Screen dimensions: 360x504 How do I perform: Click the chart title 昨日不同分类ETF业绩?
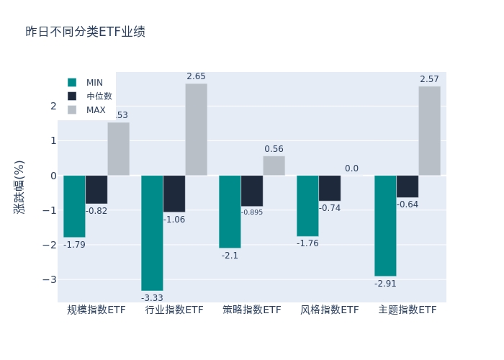tap(85, 32)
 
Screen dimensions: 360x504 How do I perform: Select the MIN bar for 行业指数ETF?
tap(152, 233)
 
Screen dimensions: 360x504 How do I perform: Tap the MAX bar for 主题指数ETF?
tap(429, 131)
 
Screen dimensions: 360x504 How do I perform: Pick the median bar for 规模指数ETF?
tap(96, 189)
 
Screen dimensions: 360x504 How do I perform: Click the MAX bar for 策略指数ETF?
tap(274, 166)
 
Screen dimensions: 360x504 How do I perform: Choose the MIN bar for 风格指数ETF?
tap(307, 206)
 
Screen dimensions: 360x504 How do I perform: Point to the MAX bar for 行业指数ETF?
tap(196, 130)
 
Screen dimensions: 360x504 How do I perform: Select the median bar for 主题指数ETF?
tap(407, 186)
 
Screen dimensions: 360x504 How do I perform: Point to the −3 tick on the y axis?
tap(52, 279)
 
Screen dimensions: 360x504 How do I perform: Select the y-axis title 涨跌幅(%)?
tap(19, 186)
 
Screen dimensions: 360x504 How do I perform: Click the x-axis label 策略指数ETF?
tap(252, 310)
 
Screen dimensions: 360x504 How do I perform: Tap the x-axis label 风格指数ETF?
tap(330, 310)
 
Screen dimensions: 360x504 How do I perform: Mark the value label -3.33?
tap(152, 298)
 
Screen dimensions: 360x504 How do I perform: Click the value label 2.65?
tap(196, 76)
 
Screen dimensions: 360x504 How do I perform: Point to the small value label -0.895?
tap(252, 212)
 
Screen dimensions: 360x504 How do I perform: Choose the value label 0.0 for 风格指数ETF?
tap(351, 168)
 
